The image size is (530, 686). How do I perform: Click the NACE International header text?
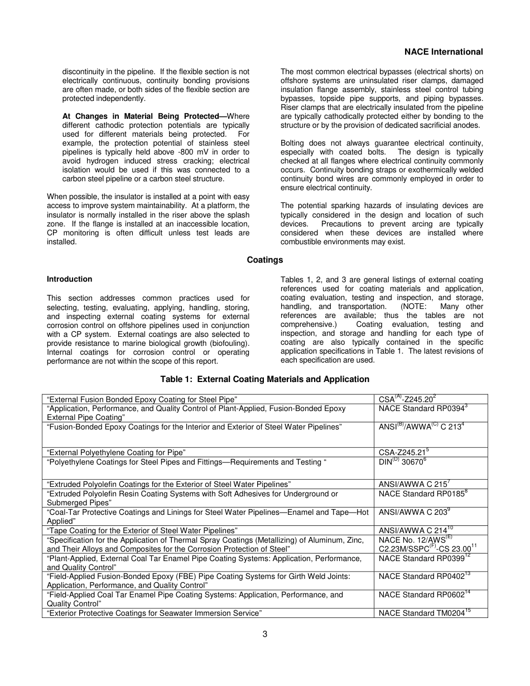pos(443,52)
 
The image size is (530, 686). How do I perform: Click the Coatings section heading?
pos(265,260)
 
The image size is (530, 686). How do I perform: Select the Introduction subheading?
pos(69,279)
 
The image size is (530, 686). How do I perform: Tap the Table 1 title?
pos(264,379)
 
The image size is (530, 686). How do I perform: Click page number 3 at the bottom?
pos(265,634)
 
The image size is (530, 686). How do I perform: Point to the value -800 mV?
pos(174,152)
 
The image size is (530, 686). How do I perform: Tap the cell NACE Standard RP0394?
pos(422,408)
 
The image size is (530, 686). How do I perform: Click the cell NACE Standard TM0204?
pos(424,613)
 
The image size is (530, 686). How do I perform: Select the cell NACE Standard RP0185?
pos(422,494)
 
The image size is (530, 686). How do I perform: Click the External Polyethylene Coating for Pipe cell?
pos(116,452)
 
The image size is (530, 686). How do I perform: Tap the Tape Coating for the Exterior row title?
pos(142,530)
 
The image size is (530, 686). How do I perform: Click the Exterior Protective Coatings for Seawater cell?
pos(155,613)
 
